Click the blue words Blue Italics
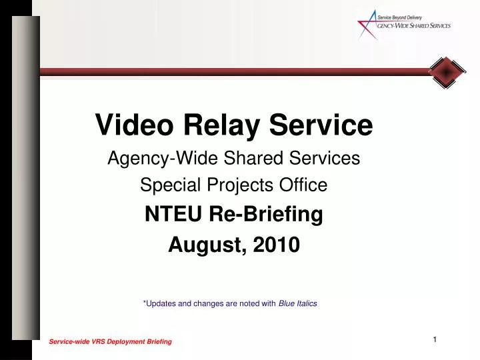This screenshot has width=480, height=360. pos(297,303)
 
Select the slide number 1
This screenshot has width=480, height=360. pos(434,340)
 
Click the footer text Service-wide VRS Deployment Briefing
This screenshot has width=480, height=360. pos(110,341)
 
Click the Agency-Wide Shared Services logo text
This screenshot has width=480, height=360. pos(414,26)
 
